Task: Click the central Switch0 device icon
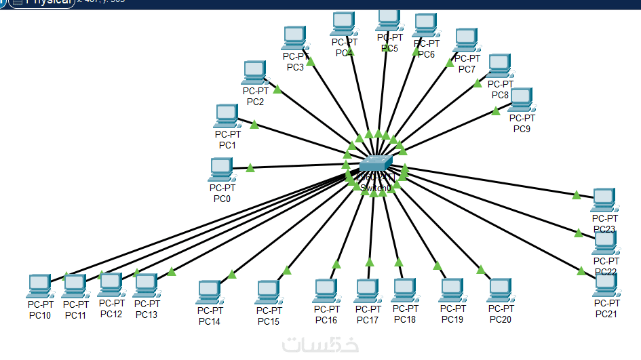click(x=375, y=163)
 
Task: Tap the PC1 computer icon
click(x=226, y=116)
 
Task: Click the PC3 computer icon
click(x=294, y=38)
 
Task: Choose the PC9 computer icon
click(x=520, y=100)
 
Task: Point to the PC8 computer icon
click(x=499, y=66)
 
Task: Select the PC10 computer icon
click(x=39, y=286)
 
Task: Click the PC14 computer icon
click(x=210, y=292)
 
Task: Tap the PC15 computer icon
click(x=269, y=292)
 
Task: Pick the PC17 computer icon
click(x=367, y=291)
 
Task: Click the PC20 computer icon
click(x=499, y=290)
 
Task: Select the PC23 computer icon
click(x=603, y=200)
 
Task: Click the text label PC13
click(x=146, y=314)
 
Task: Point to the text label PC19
click(x=452, y=319)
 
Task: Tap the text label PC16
click(x=326, y=319)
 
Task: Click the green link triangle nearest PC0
click(x=250, y=167)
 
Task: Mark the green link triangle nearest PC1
click(x=254, y=124)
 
